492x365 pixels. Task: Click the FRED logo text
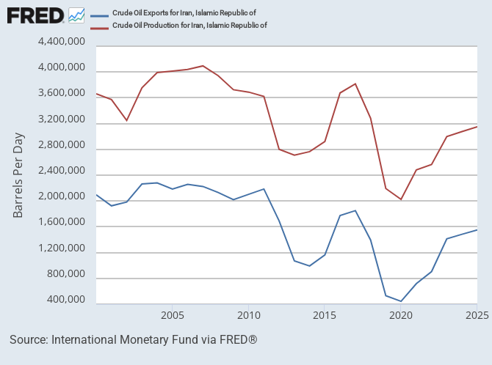point(35,15)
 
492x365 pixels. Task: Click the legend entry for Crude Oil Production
point(189,25)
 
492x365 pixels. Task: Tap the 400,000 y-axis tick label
point(66,301)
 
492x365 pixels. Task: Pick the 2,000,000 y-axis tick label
point(61,197)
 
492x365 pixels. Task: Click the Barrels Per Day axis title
point(18,175)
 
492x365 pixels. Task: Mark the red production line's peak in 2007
point(203,66)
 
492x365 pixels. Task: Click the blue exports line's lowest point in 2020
point(401,301)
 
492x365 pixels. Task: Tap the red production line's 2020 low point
point(401,199)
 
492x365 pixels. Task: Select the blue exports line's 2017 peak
point(355,210)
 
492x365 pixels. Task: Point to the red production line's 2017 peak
point(355,84)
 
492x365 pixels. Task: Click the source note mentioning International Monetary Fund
point(133,340)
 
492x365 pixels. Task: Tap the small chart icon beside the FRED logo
point(76,15)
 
